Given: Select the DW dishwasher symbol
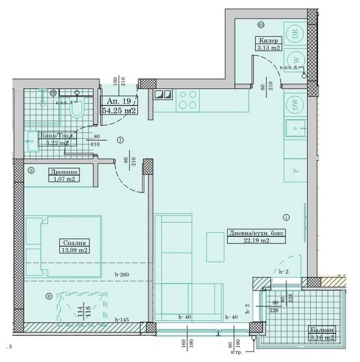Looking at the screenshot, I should pos(294,106).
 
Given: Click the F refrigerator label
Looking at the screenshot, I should pos(296,170).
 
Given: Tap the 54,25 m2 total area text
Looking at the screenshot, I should pos(119,110).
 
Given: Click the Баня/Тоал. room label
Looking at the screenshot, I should pos(52,136).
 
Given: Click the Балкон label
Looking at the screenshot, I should pos(322,330).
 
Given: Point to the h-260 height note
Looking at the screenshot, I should pos(122,275).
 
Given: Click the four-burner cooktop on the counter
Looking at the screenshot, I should pos(188,100).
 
